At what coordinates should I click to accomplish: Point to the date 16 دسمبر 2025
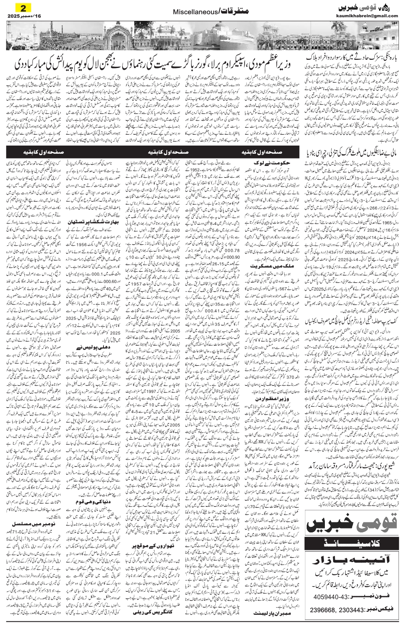(x=20, y=16)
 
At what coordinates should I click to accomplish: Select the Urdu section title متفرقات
(x=228, y=10)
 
